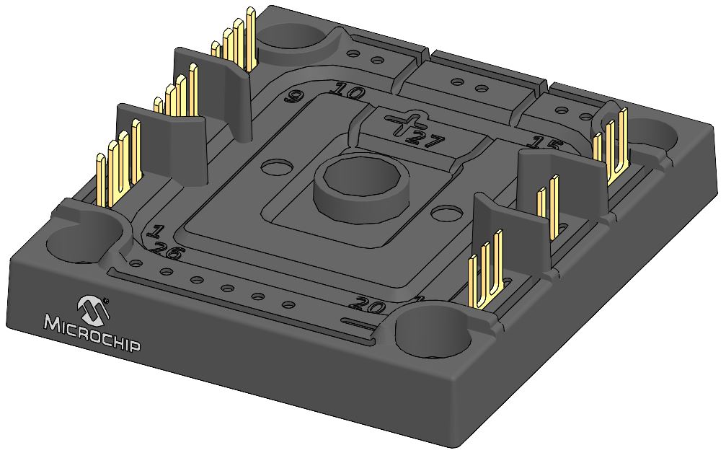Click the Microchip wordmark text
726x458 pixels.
93,333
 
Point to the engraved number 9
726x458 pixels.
293,97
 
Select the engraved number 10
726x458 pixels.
349,91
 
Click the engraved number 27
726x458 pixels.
425,138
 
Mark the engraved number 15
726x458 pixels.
544,141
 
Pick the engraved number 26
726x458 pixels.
167,252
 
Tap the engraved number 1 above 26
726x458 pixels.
154,232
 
